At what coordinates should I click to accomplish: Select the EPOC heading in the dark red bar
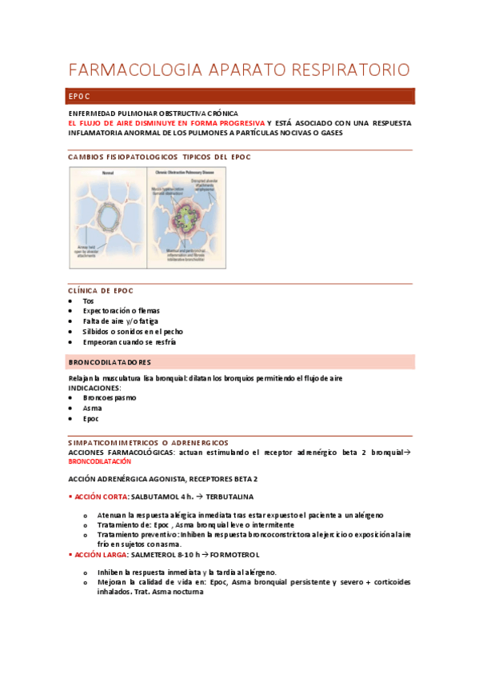[x=79, y=97]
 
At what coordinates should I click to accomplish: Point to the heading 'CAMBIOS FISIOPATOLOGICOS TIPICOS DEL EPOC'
[x=159, y=157]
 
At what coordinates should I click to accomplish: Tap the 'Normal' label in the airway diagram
[x=108, y=173]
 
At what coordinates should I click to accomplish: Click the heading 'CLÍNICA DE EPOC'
[x=101, y=290]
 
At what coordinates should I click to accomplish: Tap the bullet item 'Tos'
[x=88, y=301]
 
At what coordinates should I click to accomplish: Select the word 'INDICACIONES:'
[x=98, y=387]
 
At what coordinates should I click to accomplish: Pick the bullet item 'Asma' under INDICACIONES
[x=92, y=408]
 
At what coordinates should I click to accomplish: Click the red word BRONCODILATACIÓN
[x=99, y=462]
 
